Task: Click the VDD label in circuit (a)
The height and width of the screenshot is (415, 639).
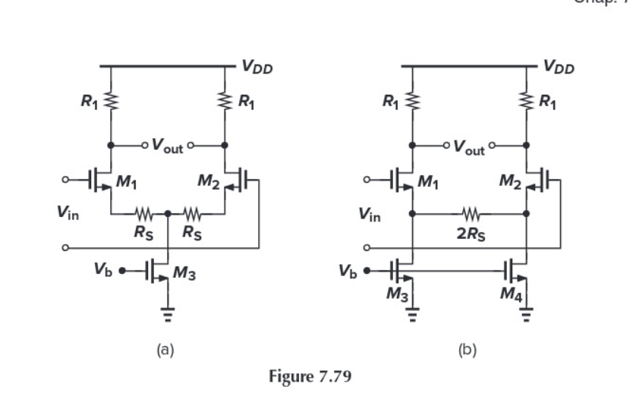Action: coord(257,68)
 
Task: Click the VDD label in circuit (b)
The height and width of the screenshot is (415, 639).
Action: coord(559,68)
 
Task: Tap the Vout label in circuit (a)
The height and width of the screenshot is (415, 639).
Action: coord(167,146)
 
